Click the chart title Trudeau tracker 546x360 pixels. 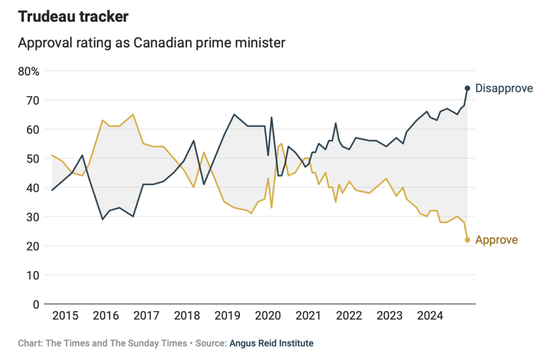coord(74,17)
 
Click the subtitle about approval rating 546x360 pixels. coord(151,43)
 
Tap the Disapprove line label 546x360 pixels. coord(504,88)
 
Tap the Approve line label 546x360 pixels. coord(496,240)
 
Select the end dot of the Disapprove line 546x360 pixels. coord(467,88)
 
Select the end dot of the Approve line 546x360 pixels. coord(467,240)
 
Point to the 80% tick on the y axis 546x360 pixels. coord(29,71)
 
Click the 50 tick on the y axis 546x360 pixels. coord(33,158)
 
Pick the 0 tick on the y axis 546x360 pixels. coord(36,305)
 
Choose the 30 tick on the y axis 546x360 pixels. coord(33,217)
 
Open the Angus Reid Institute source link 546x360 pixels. coord(271,343)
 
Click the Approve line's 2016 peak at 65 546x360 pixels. coord(133,114)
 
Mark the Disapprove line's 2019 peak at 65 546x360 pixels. coord(234,114)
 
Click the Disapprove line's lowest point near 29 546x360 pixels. coord(103,219)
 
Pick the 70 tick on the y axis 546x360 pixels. coord(33,100)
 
